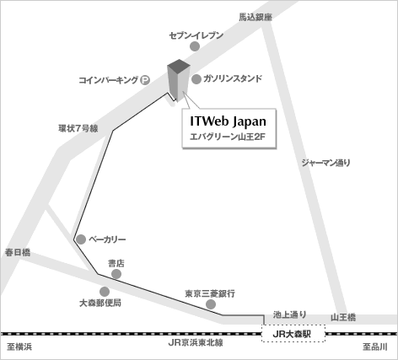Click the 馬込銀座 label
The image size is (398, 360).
pos(255,18)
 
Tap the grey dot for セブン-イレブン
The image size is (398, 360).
pos(195,46)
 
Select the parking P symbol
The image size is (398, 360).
pos(145,80)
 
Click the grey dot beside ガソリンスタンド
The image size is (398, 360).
pos(196,79)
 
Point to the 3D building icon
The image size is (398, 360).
pos(179,80)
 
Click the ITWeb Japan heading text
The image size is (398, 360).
pos(228,121)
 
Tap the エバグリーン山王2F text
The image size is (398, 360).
pos(228,137)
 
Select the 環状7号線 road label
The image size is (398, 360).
pos(78,128)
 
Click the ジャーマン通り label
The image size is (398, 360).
pos(326,163)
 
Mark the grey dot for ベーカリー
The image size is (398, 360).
pos(81,239)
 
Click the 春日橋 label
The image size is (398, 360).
pos(18,252)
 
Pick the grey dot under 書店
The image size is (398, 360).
pos(116,274)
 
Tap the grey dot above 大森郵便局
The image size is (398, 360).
pos(105,292)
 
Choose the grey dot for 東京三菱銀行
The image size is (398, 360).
pos(211,304)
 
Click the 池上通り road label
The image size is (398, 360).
pos(290,314)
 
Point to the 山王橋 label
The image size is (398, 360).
pos(343,318)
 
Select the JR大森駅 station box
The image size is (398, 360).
pos(293,334)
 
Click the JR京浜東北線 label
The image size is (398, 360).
pos(196,343)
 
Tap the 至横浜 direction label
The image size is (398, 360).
pos(19,347)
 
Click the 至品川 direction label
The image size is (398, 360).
pos(375,347)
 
